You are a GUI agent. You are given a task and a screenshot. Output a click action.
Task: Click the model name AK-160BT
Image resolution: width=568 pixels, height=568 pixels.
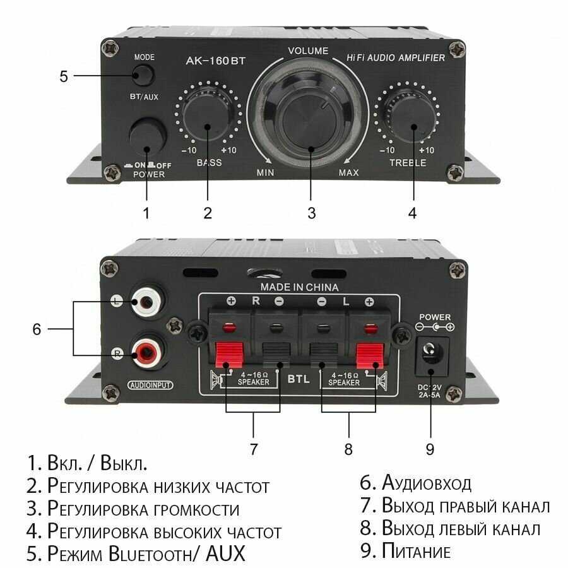[216, 61]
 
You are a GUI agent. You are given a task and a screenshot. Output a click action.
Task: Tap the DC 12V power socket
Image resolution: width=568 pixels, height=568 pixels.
[431, 355]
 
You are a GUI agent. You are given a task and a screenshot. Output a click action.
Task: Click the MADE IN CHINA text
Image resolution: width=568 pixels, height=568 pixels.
[299, 287]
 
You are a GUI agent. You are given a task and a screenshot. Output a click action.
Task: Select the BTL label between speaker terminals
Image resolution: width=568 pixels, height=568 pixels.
[299, 379]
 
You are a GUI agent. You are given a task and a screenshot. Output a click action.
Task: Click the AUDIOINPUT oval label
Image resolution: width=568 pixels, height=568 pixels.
[150, 385]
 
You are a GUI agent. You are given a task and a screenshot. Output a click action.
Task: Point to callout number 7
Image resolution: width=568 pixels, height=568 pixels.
[254, 449]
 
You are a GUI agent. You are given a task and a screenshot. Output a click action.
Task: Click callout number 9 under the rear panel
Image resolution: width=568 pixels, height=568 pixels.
[430, 449]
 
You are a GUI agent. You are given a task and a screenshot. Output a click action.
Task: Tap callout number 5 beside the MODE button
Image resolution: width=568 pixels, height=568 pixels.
[64, 76]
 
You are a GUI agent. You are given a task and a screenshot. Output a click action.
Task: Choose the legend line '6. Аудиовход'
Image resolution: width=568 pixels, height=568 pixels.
[415, 483]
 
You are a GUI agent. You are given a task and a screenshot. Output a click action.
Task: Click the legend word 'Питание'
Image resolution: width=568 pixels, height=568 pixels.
[417, 550]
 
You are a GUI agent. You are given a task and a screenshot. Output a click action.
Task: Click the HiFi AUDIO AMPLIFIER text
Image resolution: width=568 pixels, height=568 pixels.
[396, 58]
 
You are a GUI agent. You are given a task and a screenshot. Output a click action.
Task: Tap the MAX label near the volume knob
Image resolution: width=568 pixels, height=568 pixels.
[348, 173]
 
